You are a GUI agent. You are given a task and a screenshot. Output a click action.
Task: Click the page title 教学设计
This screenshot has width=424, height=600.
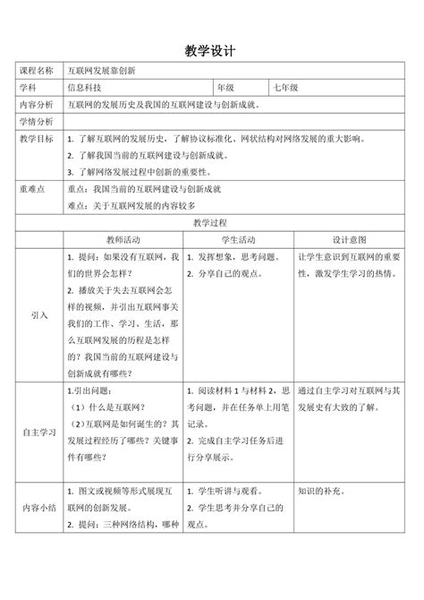[211, 51]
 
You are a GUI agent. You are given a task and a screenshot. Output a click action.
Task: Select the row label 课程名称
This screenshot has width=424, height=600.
[36, 71]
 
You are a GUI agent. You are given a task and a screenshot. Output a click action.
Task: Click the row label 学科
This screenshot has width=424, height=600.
[27, 88]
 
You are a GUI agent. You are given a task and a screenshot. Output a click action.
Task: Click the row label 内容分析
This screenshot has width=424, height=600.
[36, 105]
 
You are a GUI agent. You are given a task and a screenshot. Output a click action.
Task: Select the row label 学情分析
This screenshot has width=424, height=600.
[36, 122]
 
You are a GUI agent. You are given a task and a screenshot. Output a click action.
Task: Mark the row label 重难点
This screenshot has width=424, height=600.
[31, 189]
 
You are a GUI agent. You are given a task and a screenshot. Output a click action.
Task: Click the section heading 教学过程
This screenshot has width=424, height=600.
[211, 221]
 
